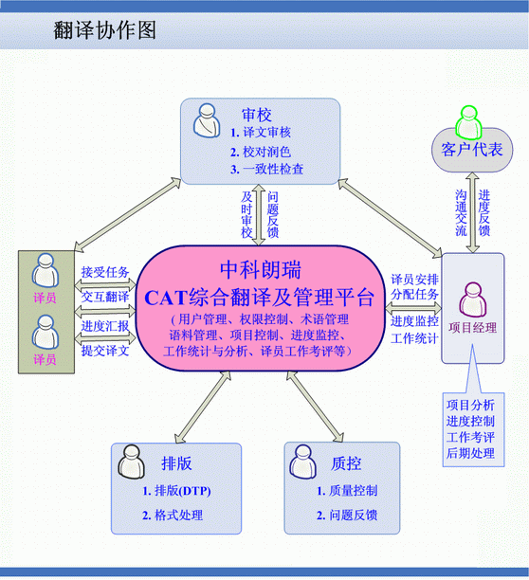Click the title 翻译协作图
point(104,30)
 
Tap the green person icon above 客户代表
point(468,121)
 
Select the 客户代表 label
point(472,150)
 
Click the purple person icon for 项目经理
point(472,299)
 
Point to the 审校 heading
point(257,115)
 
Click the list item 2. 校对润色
point(261,152)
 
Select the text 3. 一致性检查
point(266,170)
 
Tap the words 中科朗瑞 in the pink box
point(261,270)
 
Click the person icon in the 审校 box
point(207,120)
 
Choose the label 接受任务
point(105,272)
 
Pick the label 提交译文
point(105,351)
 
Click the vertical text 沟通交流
point(461,213)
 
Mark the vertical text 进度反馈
point(483,213)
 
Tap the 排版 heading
point(176,463)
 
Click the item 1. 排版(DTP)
point(176,491)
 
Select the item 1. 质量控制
point(347,491)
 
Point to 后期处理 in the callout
point(470,453)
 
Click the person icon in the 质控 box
point(303,462)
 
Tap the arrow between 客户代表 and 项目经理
point(472,212)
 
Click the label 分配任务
point(414,295)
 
